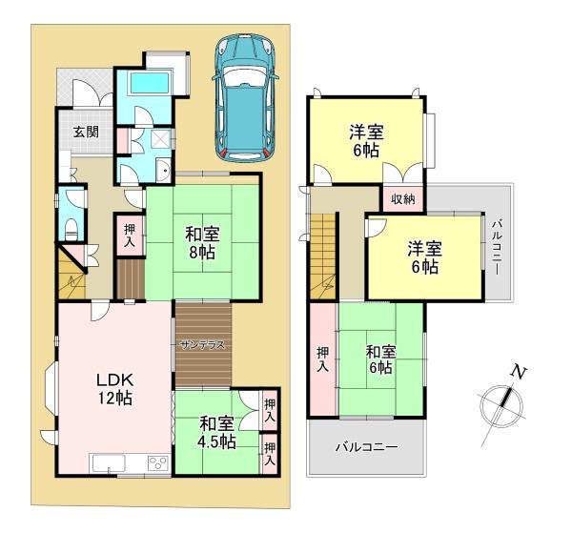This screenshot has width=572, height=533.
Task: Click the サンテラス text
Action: coord(201,345)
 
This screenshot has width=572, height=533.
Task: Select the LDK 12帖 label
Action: coord(113,389)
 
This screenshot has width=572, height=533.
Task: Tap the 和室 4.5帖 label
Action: coord(216,432)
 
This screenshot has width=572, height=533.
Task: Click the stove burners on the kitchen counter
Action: coord(156,464)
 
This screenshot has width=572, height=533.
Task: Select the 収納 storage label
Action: coord(403,199)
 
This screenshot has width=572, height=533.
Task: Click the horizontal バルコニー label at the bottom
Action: coord(366,447)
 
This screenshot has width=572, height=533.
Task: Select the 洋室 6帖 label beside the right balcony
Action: coord(425,257)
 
